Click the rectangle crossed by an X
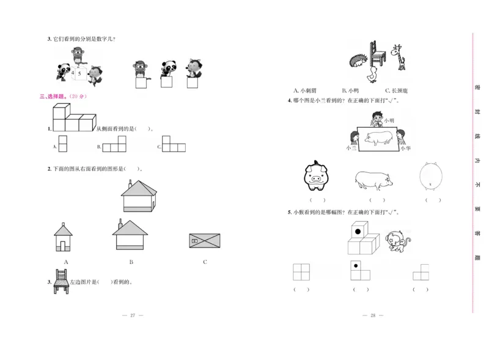click(205, 241)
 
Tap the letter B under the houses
click(131, 262)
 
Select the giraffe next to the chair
click(399, 57)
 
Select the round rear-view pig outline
click(432, 178)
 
